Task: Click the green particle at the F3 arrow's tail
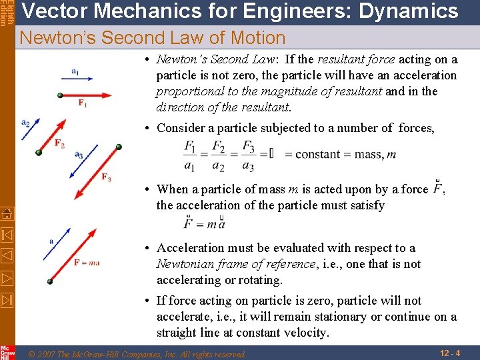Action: click(119, 147)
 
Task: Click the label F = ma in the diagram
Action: click(87, 263)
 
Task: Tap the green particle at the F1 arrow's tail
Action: click(60, 96)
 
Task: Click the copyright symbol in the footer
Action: click(32, 354)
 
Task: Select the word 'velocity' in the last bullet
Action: click(306, 333)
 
